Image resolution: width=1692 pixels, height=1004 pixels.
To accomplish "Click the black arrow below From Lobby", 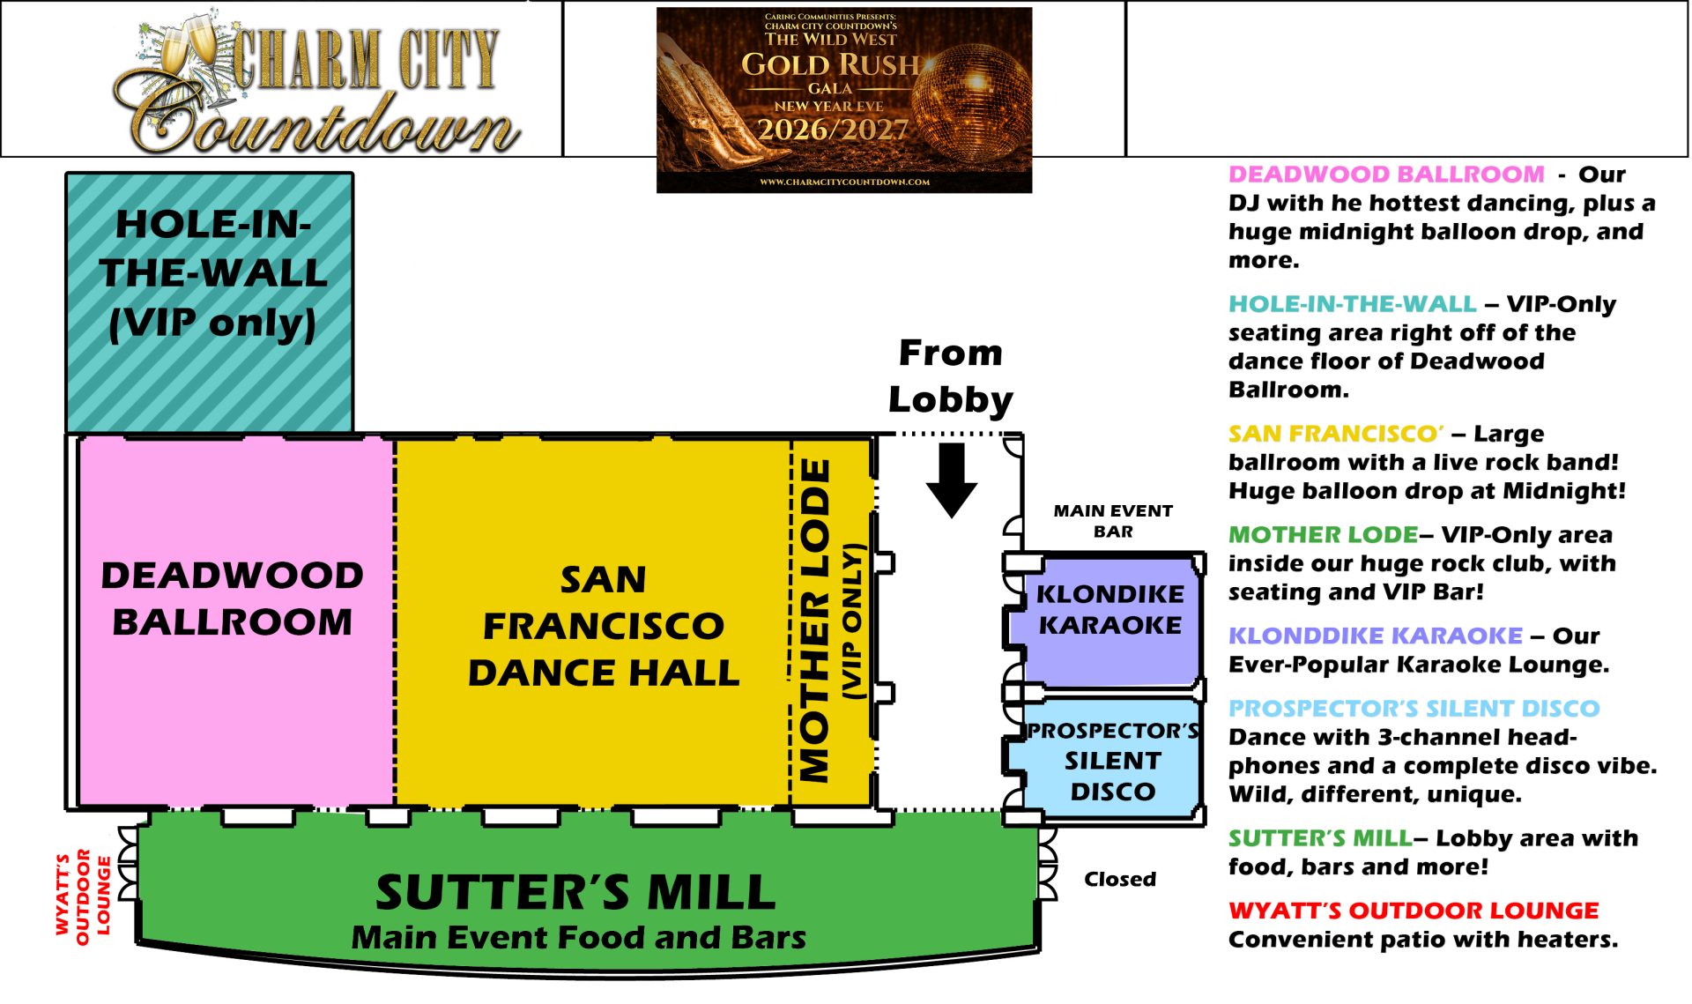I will point(952,480).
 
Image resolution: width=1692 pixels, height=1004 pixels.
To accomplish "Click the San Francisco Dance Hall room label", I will point(604,626).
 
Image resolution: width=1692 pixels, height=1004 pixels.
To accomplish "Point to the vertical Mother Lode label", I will point(814,621).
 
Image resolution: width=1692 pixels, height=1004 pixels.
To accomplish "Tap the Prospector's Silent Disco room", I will point(1112,760).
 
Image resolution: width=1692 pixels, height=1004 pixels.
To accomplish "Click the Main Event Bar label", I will point(1113,521).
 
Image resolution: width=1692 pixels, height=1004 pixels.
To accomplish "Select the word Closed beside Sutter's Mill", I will point(1120,879).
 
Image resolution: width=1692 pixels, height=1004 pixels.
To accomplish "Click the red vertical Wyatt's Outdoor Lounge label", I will point(83,896).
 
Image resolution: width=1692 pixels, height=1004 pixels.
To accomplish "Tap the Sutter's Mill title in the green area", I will point(576,892).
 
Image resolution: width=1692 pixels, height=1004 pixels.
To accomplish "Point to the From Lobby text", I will point(951,376).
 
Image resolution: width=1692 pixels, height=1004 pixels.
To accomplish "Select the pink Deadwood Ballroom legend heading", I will point(1386,175).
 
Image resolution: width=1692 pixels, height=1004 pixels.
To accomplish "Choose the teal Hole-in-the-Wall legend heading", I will point(1353,304).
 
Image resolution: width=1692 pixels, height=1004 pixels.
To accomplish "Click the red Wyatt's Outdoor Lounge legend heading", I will point(1414,911).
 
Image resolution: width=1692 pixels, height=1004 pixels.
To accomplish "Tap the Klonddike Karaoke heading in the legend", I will point(1376,636).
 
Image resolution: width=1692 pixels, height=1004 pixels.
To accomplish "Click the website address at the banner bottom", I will point(844,182).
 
